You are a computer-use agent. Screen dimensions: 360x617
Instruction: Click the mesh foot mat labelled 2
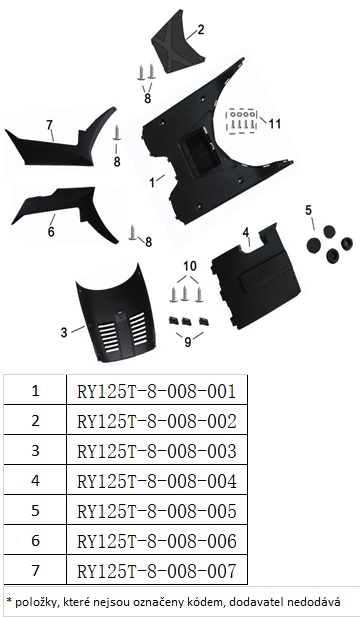178,49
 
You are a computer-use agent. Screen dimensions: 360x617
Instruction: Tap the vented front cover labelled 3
115,315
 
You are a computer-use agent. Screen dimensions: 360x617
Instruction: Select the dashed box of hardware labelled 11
242,120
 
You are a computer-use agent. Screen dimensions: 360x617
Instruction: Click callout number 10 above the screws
189,266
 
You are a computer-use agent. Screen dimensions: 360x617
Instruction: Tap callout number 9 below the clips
188,342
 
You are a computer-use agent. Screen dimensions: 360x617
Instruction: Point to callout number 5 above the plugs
310,210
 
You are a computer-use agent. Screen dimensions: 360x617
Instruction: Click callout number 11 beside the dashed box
275,124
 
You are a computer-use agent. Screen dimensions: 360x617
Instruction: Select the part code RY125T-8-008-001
157,392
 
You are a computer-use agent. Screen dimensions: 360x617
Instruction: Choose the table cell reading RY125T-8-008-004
157,481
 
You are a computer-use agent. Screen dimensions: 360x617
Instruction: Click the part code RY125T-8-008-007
157,571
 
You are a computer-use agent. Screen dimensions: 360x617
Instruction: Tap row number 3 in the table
35,451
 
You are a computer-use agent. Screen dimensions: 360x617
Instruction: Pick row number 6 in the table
35,541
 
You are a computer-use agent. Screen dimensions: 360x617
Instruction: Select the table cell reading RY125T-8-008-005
157,511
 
